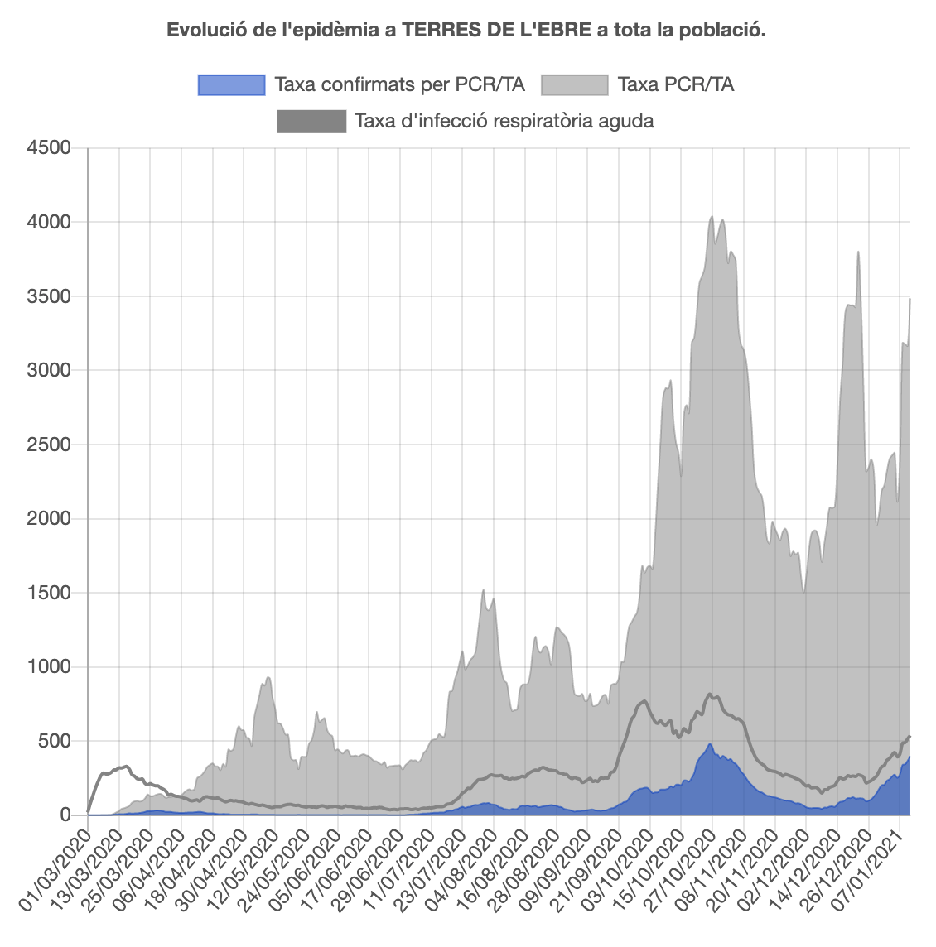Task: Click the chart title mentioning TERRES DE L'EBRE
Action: (x=466, y=31)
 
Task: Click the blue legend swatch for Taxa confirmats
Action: (x=231, y=84)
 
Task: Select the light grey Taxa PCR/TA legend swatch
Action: (x=574, y=84)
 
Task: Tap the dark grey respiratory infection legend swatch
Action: (x=311, y=121)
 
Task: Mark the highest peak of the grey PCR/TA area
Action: (x=712, y=217)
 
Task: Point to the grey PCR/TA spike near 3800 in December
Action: (x=858, y=252)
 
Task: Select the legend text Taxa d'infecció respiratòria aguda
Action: (x=504, y=121)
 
